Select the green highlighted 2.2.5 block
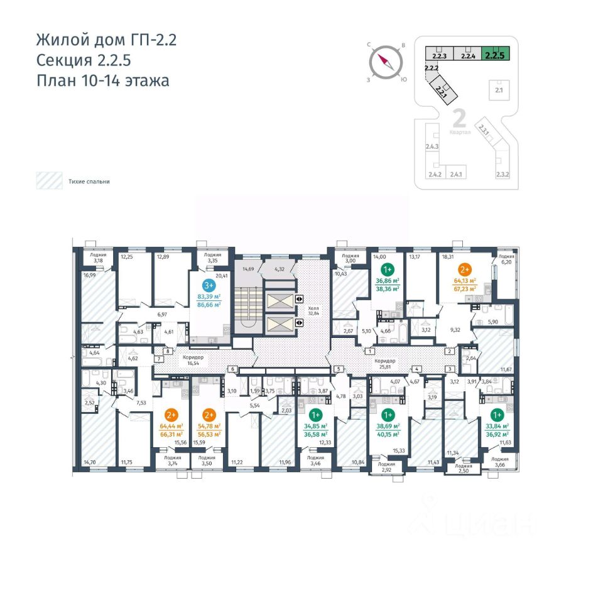pyautogui.click(x=495, y=53)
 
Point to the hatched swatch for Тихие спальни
pyautogui.click(x=48, y=181)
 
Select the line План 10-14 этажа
pyautogui.click(x=102, y=81)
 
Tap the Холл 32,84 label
pyautogui.click(x=313, y=312)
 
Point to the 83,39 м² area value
pyautogui.click(x=209, y=296)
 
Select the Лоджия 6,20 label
pyautogui.click(x=506, y=260)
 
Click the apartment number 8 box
pyautogui.click(x=168, y=351)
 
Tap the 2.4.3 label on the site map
pyautogui.click(x=432, y=147)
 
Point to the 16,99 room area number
pyautogui.click(x=89, y=274)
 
